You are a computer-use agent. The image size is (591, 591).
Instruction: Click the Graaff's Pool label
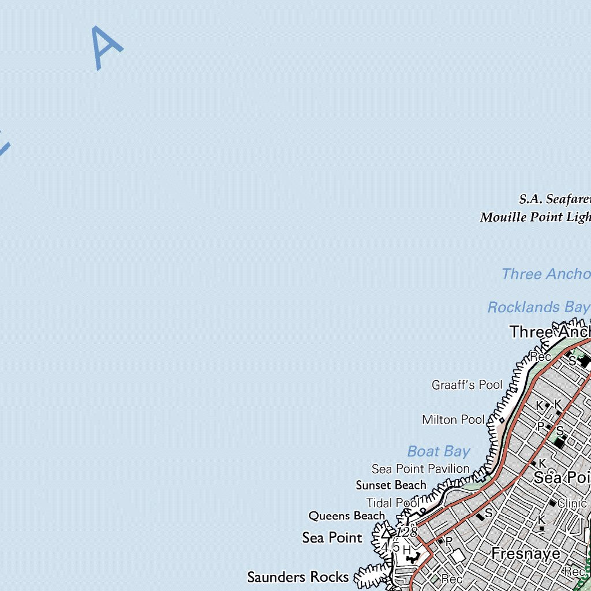tap(467, 385)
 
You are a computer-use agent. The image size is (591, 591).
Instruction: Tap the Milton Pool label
tap(453, 420)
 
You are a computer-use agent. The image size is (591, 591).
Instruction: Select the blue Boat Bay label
tap(439, 451)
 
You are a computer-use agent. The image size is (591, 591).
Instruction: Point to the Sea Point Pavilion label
tap(420, 469)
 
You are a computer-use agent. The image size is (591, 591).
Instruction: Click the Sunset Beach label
tap(391, 485)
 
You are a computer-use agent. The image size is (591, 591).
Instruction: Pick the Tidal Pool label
tap(392, 503)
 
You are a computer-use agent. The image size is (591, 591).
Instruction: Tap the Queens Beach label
tap(346, 516)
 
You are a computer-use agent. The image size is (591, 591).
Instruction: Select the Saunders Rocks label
tap(298, 577)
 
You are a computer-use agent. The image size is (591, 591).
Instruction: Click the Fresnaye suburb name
tap(526, 554)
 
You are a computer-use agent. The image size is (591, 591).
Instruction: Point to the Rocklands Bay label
tap(538, 308)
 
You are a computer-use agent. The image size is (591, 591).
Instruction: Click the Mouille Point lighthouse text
tap(535, 218)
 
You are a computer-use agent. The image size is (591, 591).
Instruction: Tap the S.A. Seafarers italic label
tap(555, 200)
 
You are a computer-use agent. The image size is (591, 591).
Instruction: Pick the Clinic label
tap(572, 504)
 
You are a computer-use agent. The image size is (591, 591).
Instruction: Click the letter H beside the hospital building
tap(406, 549)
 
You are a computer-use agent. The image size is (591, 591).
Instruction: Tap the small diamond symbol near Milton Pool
tap(502, 420)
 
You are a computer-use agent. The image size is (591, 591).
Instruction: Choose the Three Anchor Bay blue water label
tap(545, 274)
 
